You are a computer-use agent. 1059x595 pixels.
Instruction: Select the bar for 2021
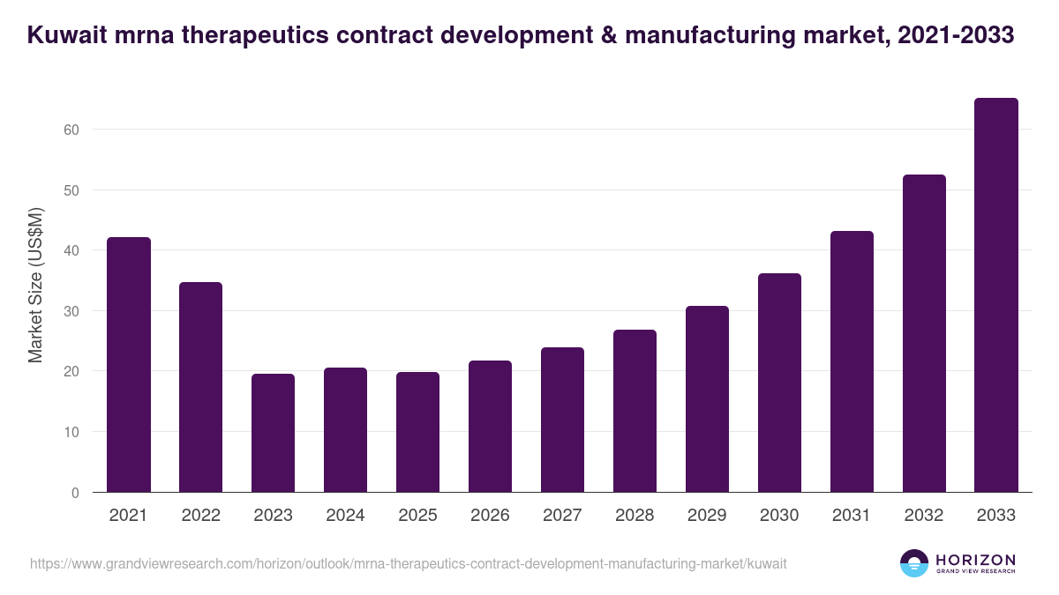click(x=129, y=365)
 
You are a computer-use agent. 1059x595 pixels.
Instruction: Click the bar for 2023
click(x=274, y=433)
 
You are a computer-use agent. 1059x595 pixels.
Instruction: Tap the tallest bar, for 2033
click(x=996, y=295)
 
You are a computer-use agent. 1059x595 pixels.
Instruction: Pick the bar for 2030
click(x=779, y=383)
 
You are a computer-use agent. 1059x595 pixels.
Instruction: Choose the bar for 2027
click(x=562, y=420)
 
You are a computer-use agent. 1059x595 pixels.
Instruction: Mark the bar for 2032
click(x=924, y=333)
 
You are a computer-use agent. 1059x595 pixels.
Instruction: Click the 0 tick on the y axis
click(x=75, y=493)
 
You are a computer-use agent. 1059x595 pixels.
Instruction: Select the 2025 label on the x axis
click(x=417, y=516)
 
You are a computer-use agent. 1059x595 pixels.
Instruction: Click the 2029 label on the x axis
click(x=707, y=516)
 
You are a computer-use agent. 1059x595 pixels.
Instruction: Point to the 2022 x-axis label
click(x=201, y=516)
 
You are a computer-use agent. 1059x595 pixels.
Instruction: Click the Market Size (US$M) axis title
click(x=36, y=286)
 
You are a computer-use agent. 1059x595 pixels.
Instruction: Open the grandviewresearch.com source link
click(x=408, y=563)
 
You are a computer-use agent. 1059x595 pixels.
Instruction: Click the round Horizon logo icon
click(x=914, y=563)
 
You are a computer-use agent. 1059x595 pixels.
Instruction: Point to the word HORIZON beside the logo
click(x=975, y=559)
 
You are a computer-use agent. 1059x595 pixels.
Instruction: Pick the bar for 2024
click(x=345, y=430)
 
